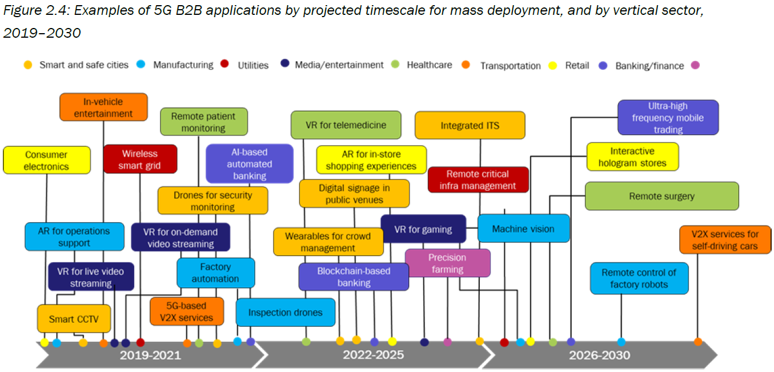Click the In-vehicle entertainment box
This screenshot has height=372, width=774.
(x=103, y=107)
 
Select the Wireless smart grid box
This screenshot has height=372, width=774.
(x=140, y=159)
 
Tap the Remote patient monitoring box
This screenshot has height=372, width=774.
(x=203, y=122)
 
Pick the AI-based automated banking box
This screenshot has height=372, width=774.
(x=250, y=163)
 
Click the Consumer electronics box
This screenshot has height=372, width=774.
(x=46, y=160)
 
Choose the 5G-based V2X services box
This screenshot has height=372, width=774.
(x=186, y=311)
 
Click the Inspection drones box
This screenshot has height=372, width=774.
(x=285, y=312)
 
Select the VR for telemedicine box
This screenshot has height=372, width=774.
(x=346, y=125)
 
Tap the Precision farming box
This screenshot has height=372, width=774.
(x=447, y=263)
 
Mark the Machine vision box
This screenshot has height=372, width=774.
(x=523, y=229)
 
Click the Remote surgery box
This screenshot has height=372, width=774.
(x=661, y=196)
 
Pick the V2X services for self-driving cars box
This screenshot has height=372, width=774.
(x=725, y=239)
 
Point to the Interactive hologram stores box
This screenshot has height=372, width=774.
(x=632, y=157)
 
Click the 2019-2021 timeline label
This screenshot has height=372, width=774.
(x=150, y=355)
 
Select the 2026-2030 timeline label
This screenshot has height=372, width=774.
(x=599, y=355)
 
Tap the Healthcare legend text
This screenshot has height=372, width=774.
(x=429, y=65)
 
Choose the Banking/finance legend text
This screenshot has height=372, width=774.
(x=649, y=66)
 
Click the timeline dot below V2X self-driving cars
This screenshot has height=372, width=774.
(x=697, y=342)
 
